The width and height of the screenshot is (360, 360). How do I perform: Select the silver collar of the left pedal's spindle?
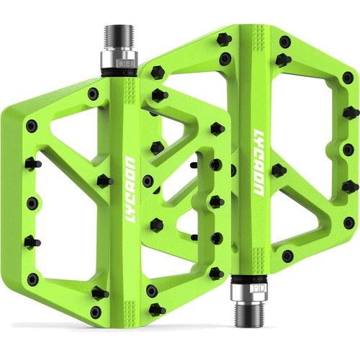[x=118, y=59]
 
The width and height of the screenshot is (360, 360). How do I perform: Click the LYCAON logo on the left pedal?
[x=132, y=189]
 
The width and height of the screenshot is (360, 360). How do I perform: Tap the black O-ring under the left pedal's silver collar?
[x=120, y=73]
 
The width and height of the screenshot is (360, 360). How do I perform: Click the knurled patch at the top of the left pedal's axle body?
[x=130, y=91]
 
